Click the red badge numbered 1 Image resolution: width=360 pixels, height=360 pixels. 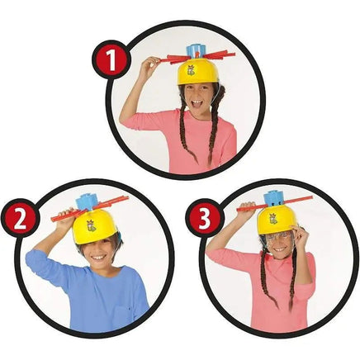pyautogui.click(x=111, y=59)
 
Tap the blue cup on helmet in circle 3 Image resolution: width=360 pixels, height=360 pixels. pyautogui.click(x=275, y=199)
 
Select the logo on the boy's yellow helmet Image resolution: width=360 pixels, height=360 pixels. pyautogui.click(x=91, y=226)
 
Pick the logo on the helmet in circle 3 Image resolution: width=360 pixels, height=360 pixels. pyautogui.click(x=274, y=220)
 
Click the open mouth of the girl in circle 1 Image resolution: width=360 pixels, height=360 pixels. pyautogui.click(x=197, y=105)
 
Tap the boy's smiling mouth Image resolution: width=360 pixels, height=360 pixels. pyautogui.click(x=97, y=258)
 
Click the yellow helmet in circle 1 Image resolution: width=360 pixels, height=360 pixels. pyautogui.click(x=196, y=70)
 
